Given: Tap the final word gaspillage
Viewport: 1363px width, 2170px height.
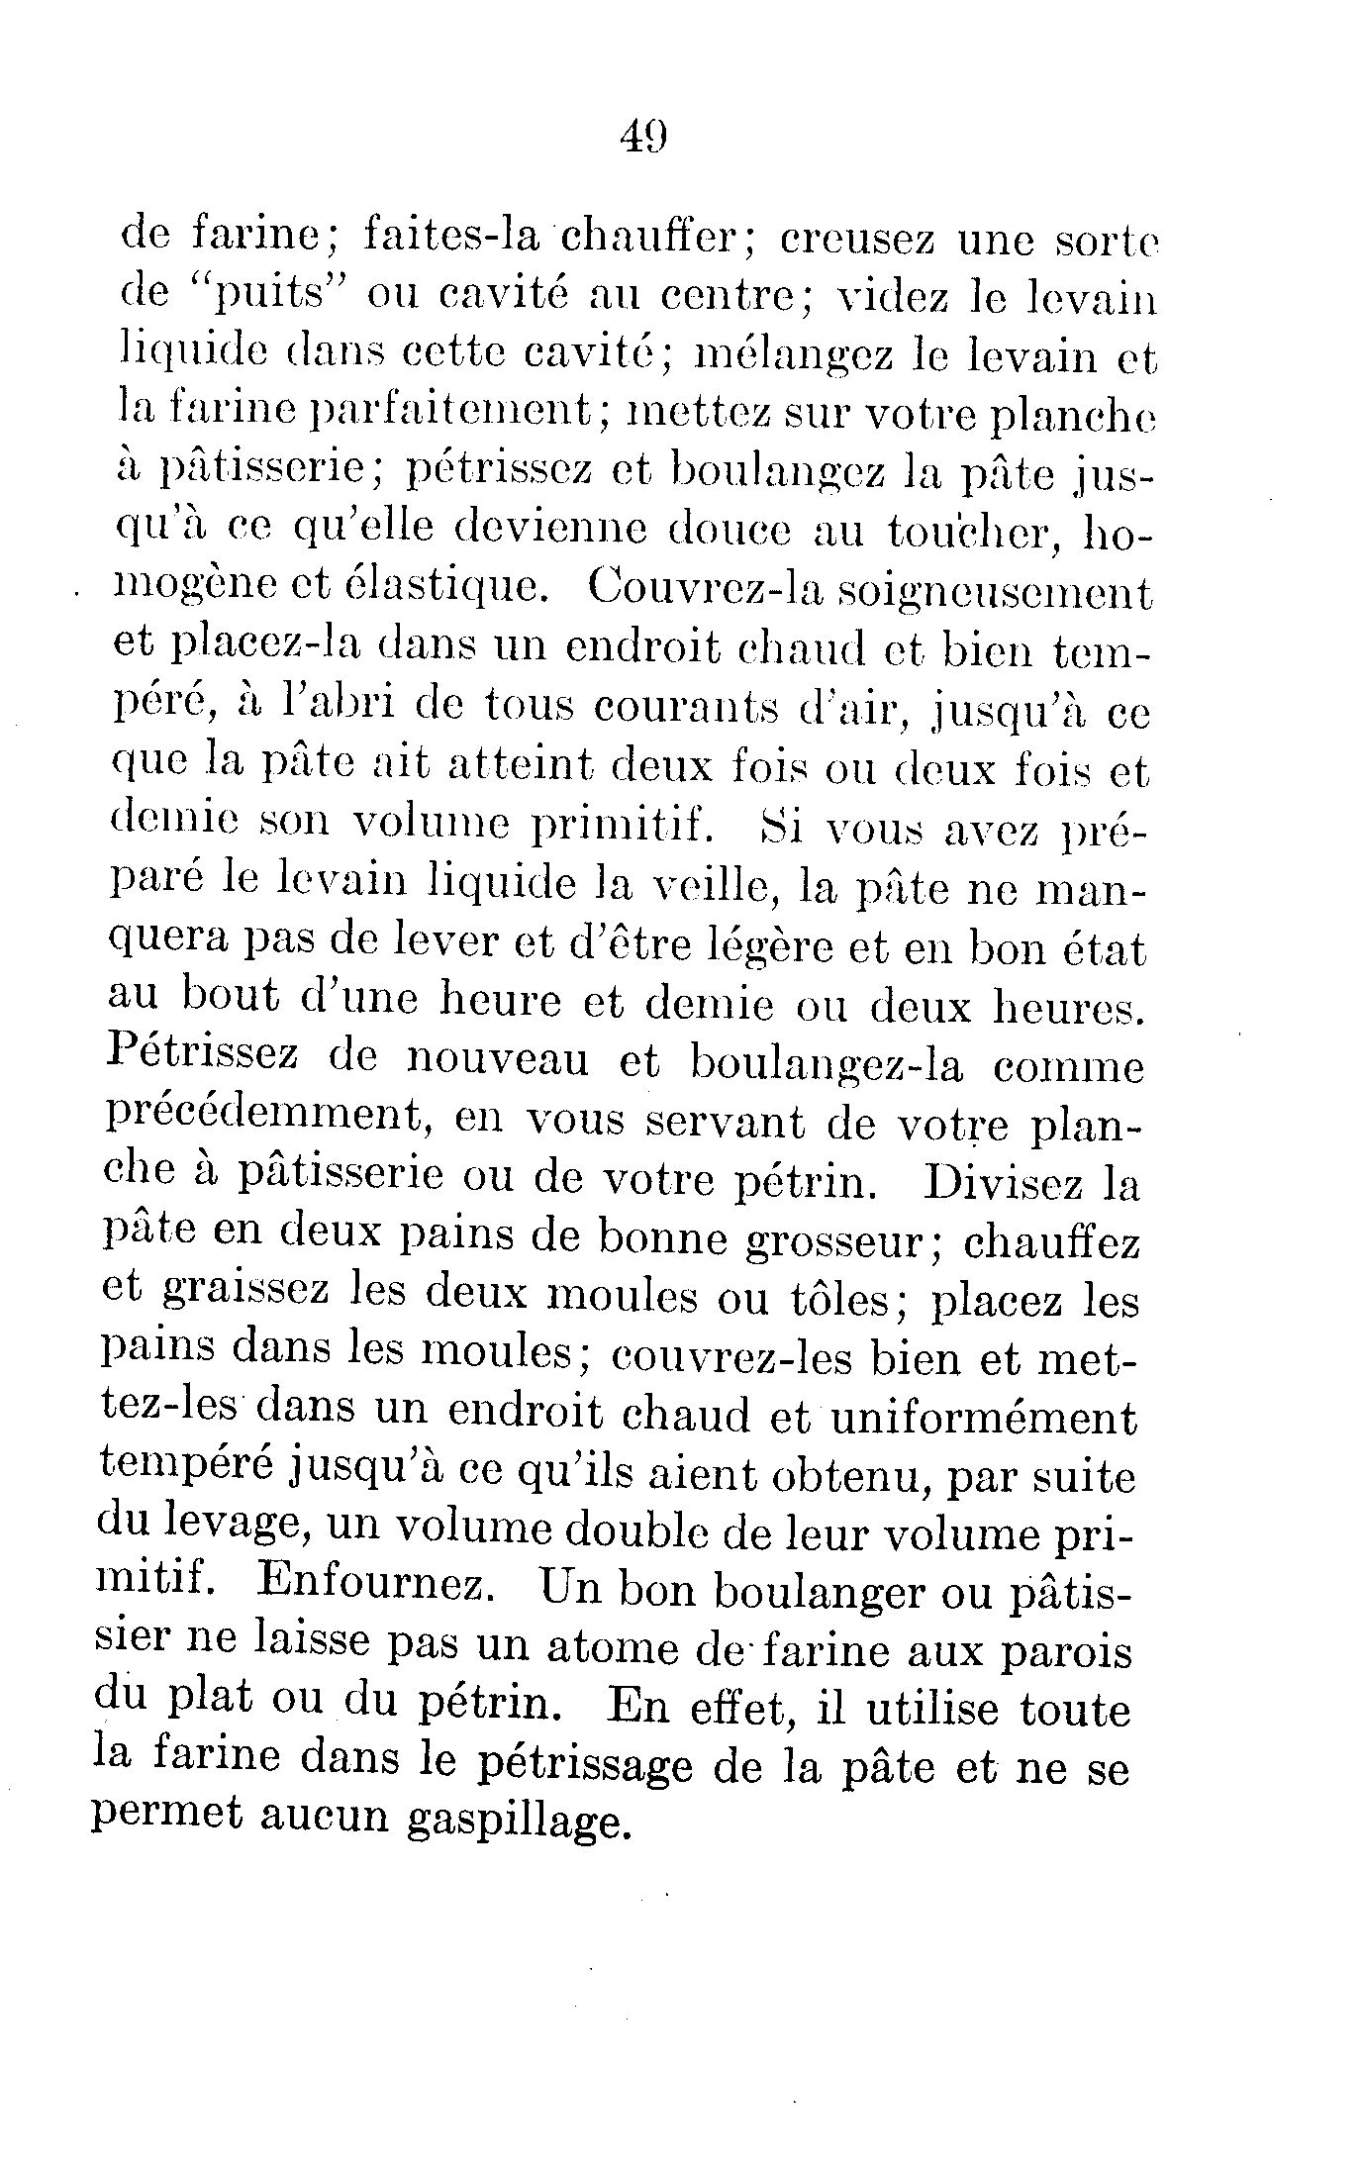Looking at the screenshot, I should pos(519,1824).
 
